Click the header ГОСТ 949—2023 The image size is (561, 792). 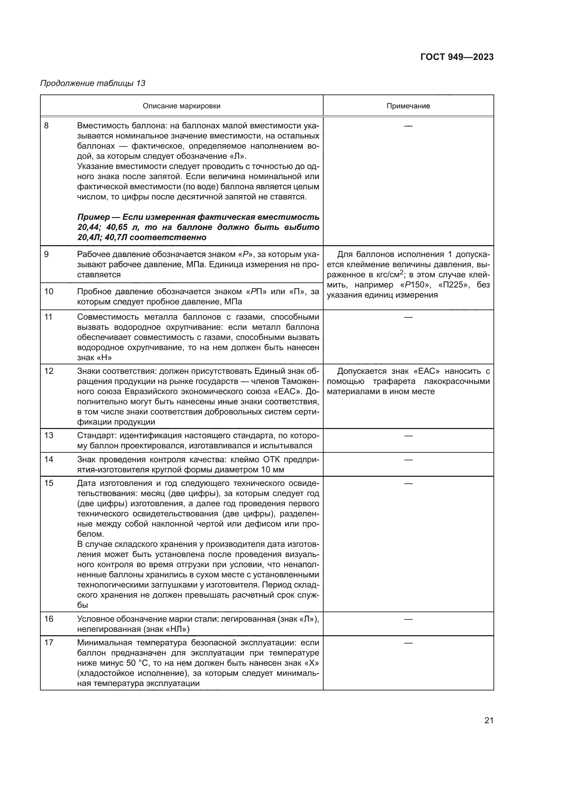coord(457,57)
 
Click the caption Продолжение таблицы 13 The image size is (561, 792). coord(93,83)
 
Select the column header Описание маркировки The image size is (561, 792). coord(181,106)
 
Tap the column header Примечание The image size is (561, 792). coord(408,106)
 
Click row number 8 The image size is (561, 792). coord(46,126)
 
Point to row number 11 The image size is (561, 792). coord(49,317)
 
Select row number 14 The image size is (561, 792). coord(49,459)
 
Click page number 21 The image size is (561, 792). coord(489,720)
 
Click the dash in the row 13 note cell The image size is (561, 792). coord(408,436)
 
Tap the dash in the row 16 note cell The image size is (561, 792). coord(408,619)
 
